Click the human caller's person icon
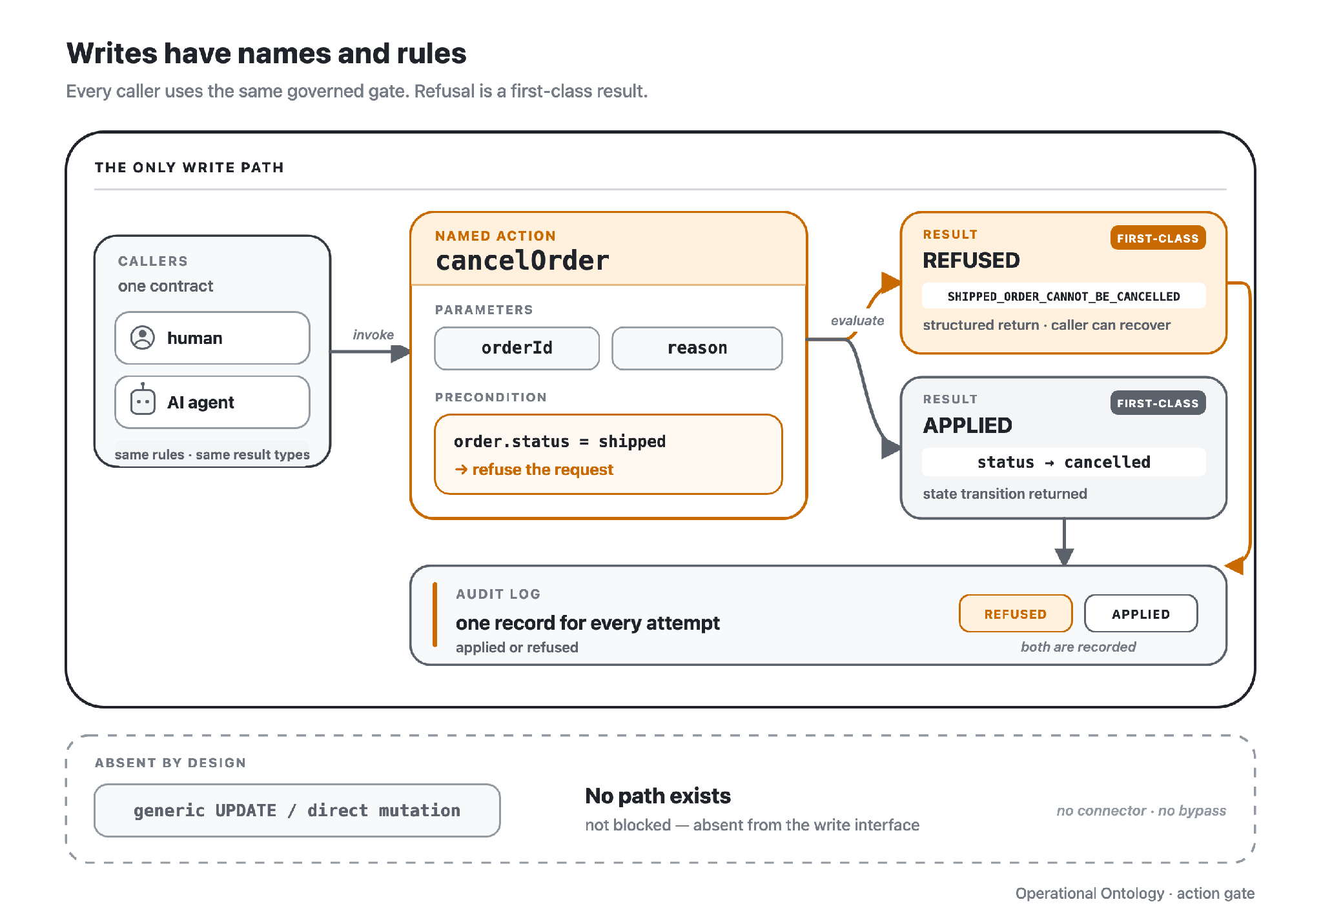pyautogui.click(x=143, y=337)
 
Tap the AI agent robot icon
pyautogui.click(x=143, y=400)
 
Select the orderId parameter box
pyautogui.click(x=517, y=348)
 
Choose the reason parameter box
pyautogui.click(x=697, y=348)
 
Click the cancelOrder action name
pyautogui.click(x=522, y=261)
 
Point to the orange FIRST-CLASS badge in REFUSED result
pyautogui.click(x=1158, y=238)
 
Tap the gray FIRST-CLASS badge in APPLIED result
pyautogui.click(x=1158, y=403)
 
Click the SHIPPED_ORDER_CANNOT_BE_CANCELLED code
pyautogui.click(x=1063, y=296)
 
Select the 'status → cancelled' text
pyautogui.click(x=1063, y=462)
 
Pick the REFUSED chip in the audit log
pyautogui.click(x=1016, y=614)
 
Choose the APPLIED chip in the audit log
pyautogui.click(x=1141, y=614)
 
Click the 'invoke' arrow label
pyautogui.click(x=373, y=335)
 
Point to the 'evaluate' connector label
pyautogui.click(x=857, y=321)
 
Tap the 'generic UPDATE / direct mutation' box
pyautogui.click(x=297, y=810)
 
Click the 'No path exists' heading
pyautogui.click(x=658, y=796)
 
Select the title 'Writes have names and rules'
pyautogui.click(x=266, y=53)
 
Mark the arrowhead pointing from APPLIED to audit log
pyautogui.click(x=1064, y=556)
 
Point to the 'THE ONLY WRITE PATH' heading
pyautogui.click(x=189, y=168)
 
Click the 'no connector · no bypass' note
pyautogui.click(x=1141, y=810)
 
